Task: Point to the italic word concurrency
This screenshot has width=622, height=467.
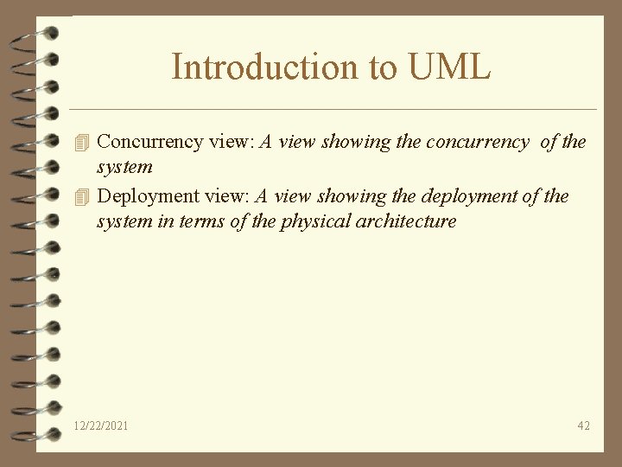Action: click(x=476, y=142)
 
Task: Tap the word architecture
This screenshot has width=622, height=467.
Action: click(x=413, y=221)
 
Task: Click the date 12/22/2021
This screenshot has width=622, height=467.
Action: click(x=101, y=425)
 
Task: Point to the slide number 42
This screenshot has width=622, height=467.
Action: click(x=584, y=425)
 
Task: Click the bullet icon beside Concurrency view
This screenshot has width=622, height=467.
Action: click(x=82, y=142)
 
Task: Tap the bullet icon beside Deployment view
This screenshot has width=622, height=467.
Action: click(x=82, y=195)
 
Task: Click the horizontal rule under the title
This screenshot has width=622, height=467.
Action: click(x=333, y=110)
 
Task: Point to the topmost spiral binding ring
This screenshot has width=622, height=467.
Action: click(x=35, y=31)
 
